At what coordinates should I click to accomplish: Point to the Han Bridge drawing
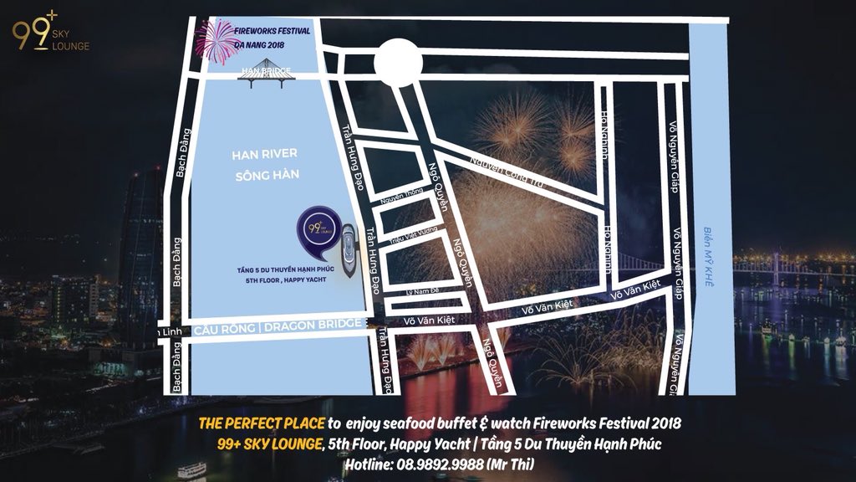pyautogui.click(x=267, y=73)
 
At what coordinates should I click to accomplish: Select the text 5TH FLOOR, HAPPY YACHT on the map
pyautogui.click(x=288, y=282)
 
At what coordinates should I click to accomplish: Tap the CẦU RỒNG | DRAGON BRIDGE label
pyautogui.click(x=279, y=328)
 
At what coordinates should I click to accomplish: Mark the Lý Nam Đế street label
pyautogui.click(x=422, y=291)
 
